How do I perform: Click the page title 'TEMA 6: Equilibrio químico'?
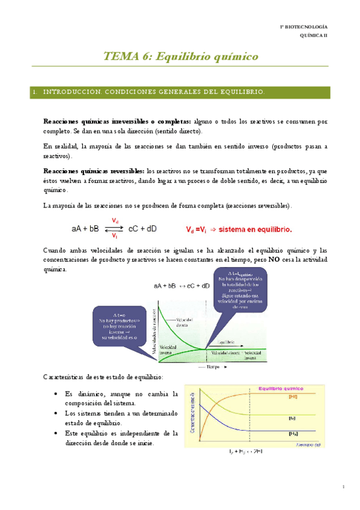180,57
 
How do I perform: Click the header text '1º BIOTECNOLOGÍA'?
305,27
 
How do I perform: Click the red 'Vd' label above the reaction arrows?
115,221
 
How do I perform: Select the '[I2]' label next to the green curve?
293,400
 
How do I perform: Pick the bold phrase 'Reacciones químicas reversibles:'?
94,170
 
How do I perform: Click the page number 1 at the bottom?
342,487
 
